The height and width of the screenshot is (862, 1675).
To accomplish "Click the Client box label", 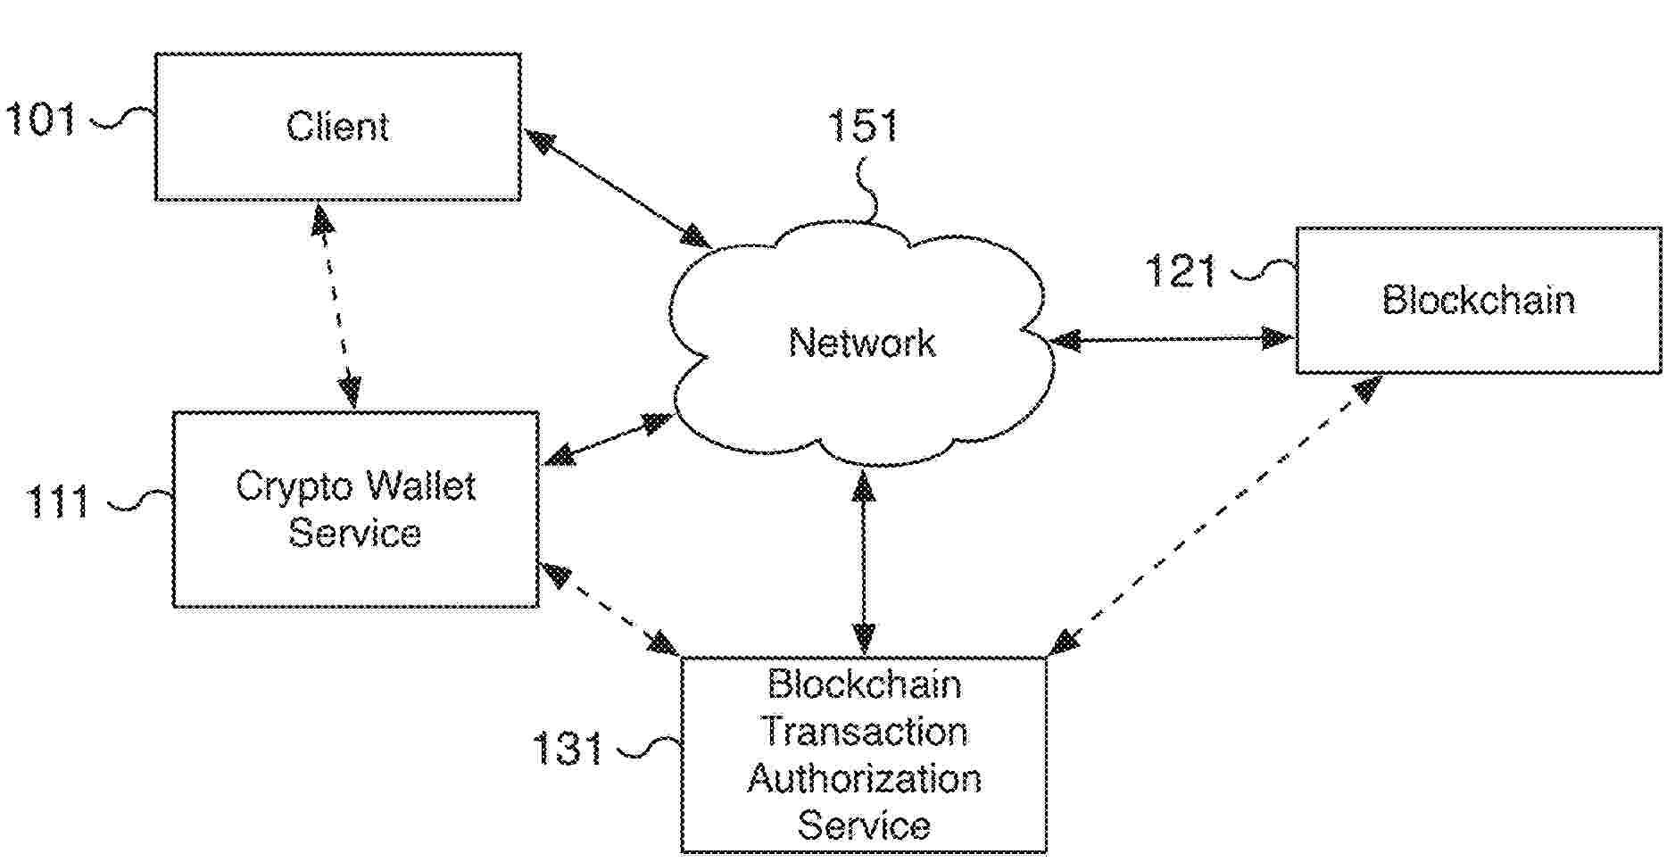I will (337, 127).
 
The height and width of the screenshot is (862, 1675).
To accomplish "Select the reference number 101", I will (40, 119).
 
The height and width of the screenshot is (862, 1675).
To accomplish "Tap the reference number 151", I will (862, 126).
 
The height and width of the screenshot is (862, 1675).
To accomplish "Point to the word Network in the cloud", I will (862, 343).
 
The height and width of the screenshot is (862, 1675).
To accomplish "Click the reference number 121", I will (1180, 271).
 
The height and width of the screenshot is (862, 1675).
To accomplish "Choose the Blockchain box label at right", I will (1478, 300).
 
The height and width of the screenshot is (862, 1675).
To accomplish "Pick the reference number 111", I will (58, 502).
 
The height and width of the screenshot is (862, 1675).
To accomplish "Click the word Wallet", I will (420, 486).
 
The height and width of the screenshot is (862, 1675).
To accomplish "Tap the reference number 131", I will (568, 748).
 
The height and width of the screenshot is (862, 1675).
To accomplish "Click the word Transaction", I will (864, 732).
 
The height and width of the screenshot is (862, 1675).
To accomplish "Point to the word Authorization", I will (864, 778).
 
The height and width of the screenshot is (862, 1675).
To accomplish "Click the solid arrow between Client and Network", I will (618, 188).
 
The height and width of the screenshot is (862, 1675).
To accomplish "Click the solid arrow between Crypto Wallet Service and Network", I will (608, 439).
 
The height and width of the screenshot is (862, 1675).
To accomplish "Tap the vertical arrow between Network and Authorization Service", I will (864, 562).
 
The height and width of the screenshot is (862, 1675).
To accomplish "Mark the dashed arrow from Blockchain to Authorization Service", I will (1217, 514).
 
